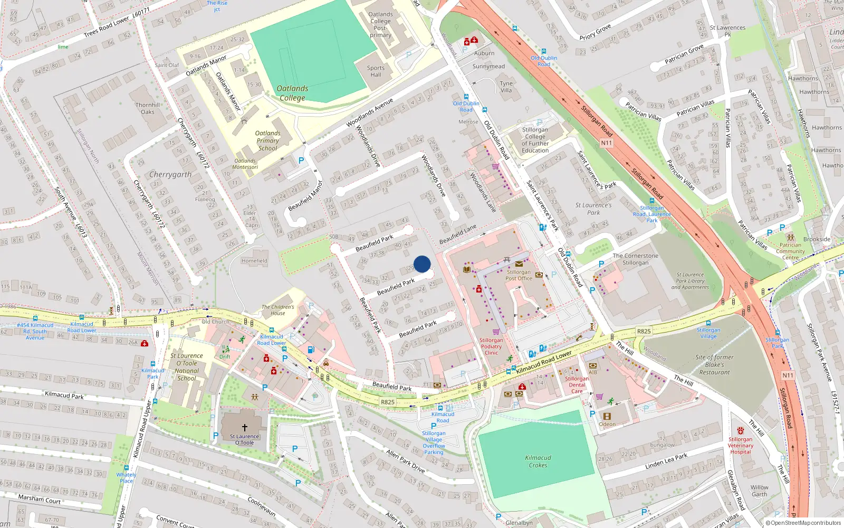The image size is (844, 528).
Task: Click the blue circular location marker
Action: tap(422, 264)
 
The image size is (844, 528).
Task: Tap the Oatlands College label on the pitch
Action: tap(292, 93)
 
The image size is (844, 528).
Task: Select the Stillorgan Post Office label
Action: tap(519, 275)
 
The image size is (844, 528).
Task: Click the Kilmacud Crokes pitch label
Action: tap(538, 461)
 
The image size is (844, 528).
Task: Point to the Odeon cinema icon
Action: tap(607, 417)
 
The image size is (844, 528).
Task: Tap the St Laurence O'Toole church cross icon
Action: tap(244, 428)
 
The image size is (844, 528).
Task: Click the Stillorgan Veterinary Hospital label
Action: tap(741, 446)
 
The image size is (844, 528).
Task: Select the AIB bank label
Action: tap(593, 372)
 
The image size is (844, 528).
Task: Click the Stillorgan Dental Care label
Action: tap(577, 385)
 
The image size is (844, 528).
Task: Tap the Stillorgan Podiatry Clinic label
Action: tap(491, 346)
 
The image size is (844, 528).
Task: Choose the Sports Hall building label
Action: tap(376, 71)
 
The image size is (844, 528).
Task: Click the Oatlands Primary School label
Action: tap(268, 141)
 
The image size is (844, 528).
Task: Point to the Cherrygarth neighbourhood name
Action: tap(170, 174)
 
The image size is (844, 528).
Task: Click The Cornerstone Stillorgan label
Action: tap(635, 259)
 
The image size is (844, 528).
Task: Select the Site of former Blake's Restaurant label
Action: tap(714, 365)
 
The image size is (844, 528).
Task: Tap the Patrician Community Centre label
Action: tap(790, 251)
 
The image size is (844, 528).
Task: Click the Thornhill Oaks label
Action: tap(148, 108)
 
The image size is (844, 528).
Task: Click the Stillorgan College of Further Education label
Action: tap(535, 140)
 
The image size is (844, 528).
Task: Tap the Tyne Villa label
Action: tap(506, 87)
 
